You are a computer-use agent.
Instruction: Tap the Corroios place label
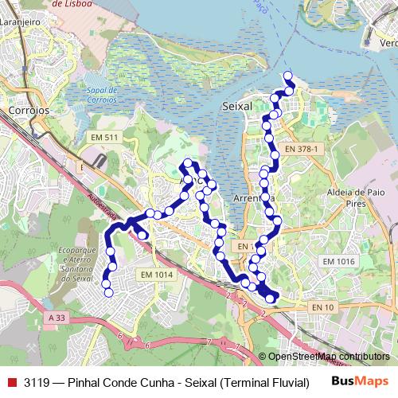click(x=26, y=110)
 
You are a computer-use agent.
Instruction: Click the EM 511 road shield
click(x=104, y=138)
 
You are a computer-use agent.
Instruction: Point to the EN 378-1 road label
click(x=301, y=149)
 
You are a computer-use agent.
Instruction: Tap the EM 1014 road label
click(x=156, y=275)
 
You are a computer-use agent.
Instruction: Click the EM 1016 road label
click(x=338, y=261)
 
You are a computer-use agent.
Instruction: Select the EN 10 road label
click(x=322, y=306)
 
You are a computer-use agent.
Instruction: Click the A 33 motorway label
click(x=57, y=317)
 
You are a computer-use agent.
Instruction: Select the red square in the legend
click(x=11, y=382)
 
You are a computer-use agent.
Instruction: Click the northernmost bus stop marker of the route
click(x=287, y=77)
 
